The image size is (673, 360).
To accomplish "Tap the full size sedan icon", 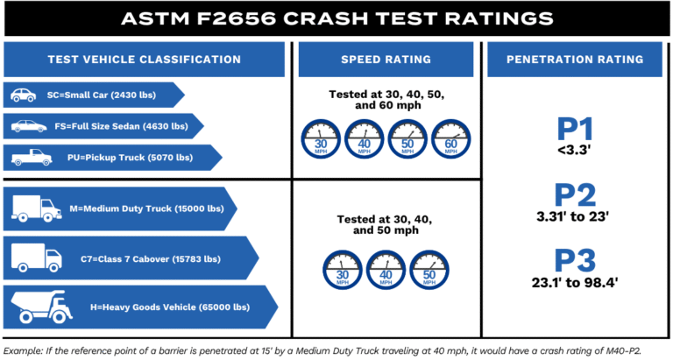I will pos(27,126).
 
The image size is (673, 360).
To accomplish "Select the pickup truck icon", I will pos(25,159).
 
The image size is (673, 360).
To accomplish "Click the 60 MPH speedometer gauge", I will pos(451,138).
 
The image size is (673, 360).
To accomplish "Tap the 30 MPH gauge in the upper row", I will pos(321,138).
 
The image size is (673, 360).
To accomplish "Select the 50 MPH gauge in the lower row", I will pos(430,272).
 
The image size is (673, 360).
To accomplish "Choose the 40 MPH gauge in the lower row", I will pos(386,272).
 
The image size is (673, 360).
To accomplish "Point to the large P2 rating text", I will pos(576,194).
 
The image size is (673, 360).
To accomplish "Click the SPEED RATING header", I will pos(386,60).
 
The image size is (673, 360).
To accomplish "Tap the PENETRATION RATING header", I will pos(576,60).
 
